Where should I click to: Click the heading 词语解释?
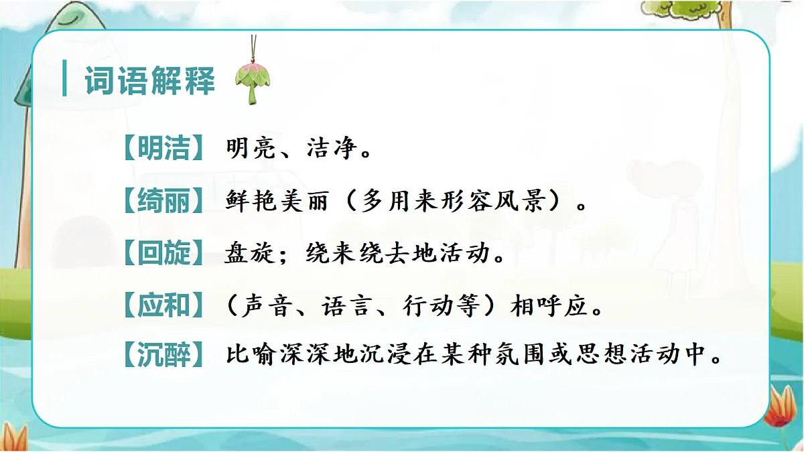pyautogui.click(x=149, y=82)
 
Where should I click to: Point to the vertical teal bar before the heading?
pyautogui.click(x=64, y=79)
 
